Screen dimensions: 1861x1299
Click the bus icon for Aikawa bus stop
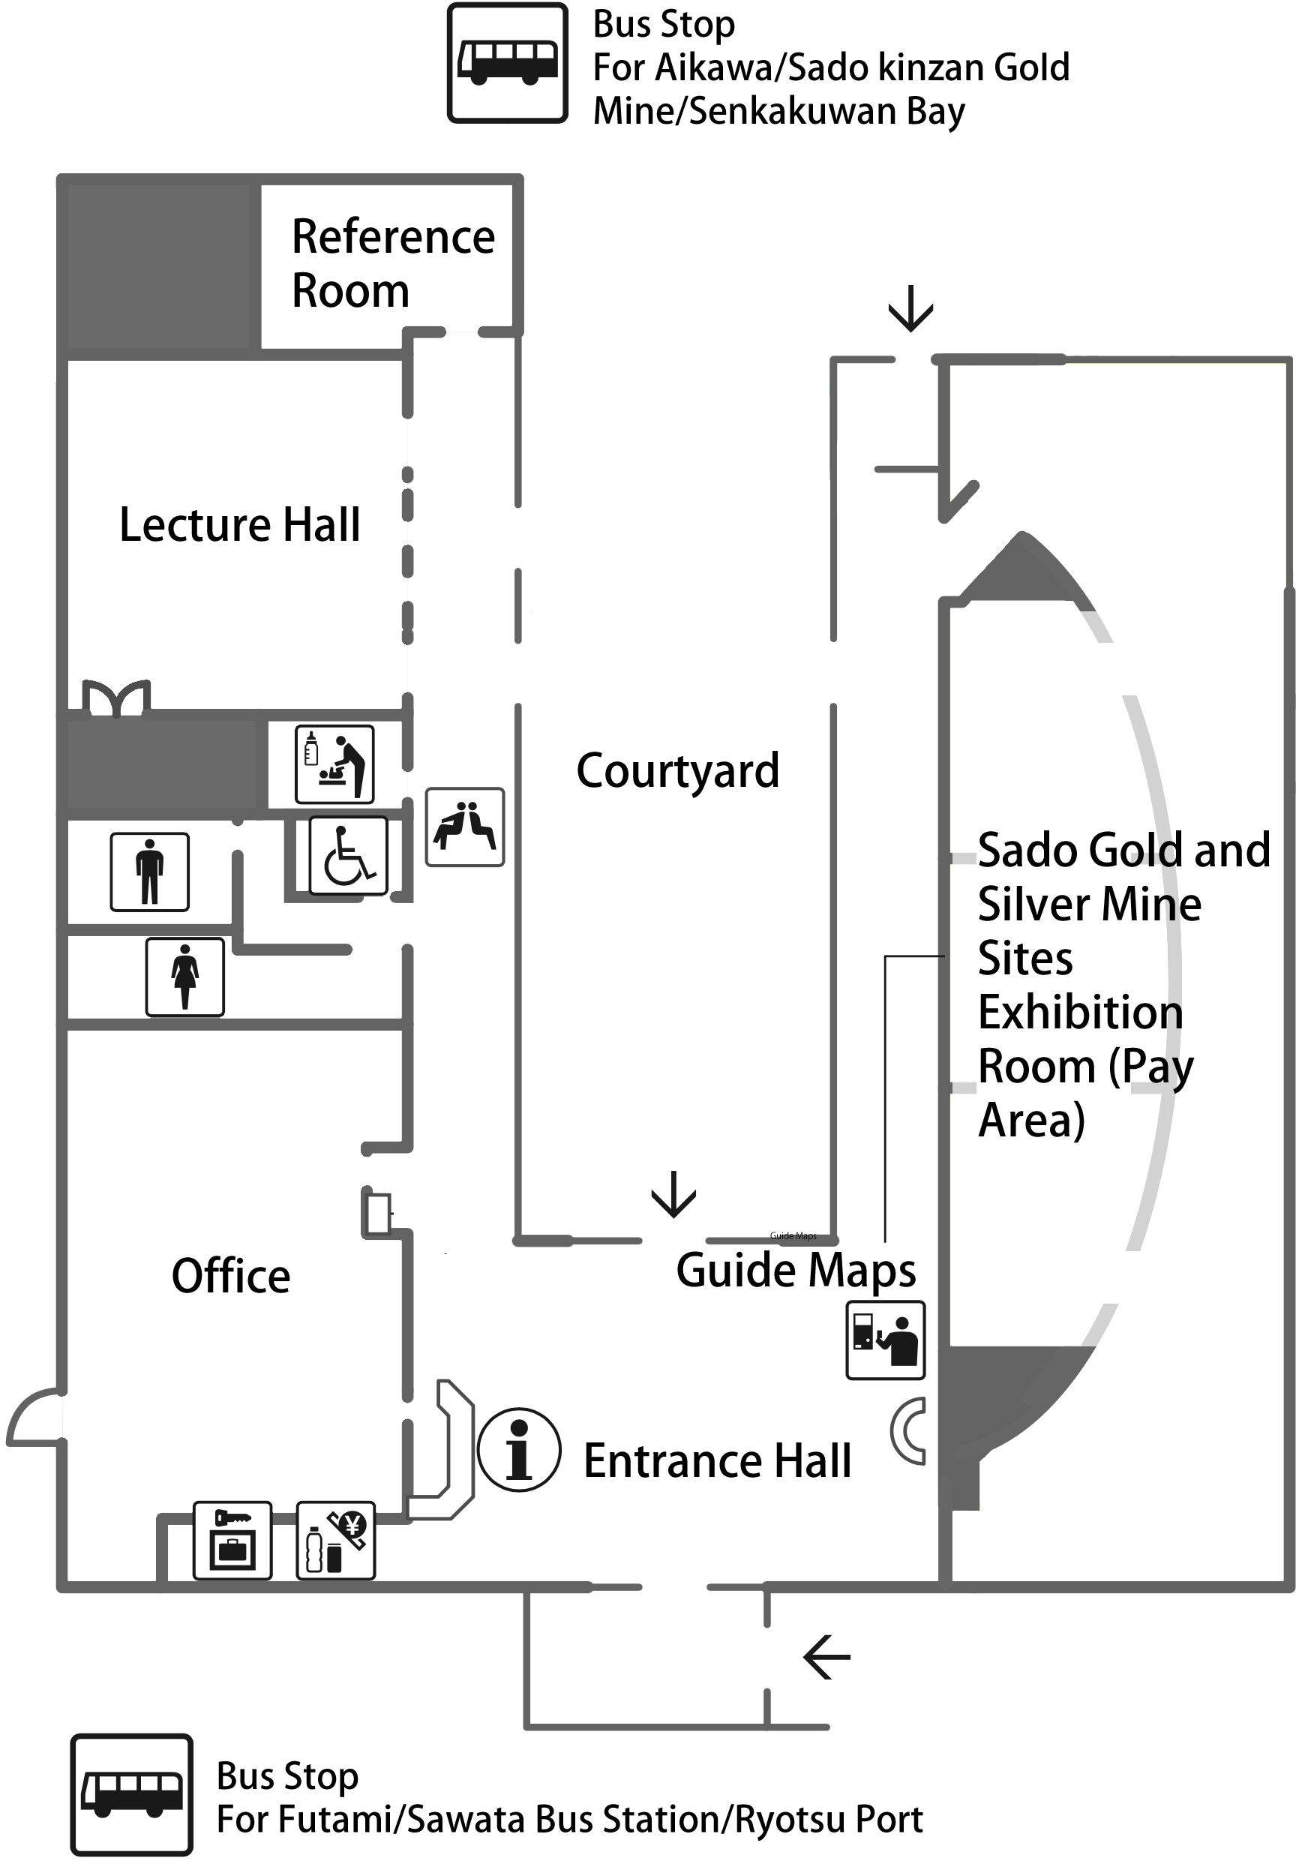point(507,63)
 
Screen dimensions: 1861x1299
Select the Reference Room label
point(392,263)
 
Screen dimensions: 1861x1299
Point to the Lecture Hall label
point(240,524)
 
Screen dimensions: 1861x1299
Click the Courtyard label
point(677,770)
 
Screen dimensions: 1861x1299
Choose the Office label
point(231,1276)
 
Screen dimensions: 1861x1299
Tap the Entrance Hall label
point(717,1460)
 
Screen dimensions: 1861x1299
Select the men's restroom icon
point(150,872)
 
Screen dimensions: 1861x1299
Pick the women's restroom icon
point(184,977)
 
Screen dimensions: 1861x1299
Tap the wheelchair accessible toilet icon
point(349,855)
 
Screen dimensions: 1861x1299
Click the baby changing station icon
point(334,764)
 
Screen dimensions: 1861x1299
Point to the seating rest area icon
point(465,827)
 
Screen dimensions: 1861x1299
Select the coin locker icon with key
point(232,1540)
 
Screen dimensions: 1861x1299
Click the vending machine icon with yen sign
point(335,1540)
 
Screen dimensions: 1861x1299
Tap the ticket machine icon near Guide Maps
point(885,1340)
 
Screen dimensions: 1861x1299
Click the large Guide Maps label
point(796,1270)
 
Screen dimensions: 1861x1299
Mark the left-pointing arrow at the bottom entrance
point(826,1657)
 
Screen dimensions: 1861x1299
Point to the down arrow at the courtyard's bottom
point(673,1194)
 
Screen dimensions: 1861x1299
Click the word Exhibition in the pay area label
point(1080,1013)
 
